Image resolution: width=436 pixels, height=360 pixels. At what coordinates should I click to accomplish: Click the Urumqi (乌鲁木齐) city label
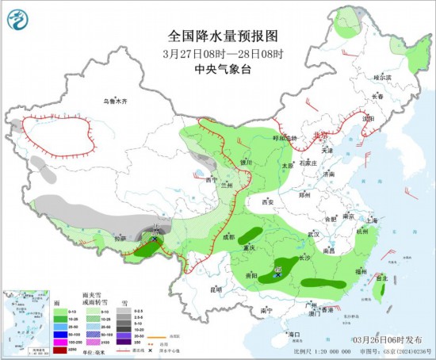coord(114,102)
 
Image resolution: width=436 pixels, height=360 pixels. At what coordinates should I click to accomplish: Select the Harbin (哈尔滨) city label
coord(383,77)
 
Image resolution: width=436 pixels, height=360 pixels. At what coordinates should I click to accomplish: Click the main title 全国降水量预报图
coord(224,36)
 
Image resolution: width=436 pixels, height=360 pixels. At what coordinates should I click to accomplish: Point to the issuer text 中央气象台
coord(224,69)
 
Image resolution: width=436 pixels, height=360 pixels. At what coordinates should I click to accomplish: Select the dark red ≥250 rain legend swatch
coord(59,348)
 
